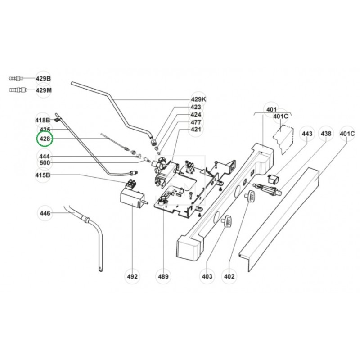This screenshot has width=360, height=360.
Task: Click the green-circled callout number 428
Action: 45,139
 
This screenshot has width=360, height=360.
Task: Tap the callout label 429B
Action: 44,79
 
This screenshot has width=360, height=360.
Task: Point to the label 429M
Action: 44,90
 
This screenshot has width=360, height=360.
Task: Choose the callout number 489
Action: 163,276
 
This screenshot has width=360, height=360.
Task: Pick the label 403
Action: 207,276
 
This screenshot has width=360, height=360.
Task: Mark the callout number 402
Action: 230,276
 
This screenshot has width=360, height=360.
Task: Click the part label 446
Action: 45,213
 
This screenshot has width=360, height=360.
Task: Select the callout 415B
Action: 44,175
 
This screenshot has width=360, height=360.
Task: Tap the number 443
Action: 307,134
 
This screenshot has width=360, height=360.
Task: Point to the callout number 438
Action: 326,134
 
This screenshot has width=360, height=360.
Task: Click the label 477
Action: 196,122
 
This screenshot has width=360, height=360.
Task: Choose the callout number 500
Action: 45,163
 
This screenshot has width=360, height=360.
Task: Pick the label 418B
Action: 43,120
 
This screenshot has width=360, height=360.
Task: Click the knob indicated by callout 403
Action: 226,222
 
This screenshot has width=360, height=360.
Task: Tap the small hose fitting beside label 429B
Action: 16,79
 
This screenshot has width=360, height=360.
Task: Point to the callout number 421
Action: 196,130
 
